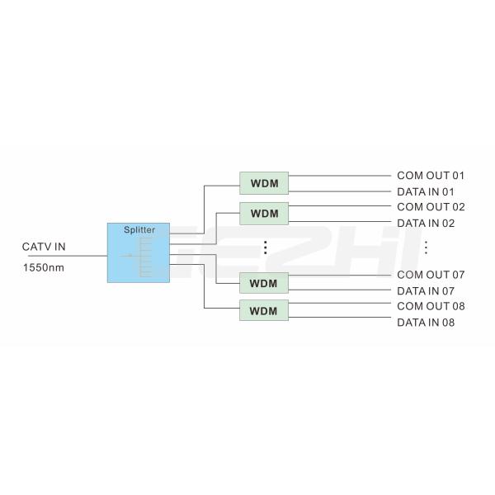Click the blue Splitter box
click(x=139, y=252)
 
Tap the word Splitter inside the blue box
click(x=139, y=230)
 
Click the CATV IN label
click(x=44, y=247)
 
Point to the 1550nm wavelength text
click(x=44, y=267)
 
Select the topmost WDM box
click(x=264, y=183)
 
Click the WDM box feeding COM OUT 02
click(x=264, y=214)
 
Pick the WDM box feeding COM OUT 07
click(x=264, y=283)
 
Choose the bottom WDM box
click(x=264, y=310)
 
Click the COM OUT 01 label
click(x=431, y=176)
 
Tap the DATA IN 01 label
click(x=426, y=191)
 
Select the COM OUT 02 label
click(x=431, y=207)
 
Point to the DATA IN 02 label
click(x=426, y=224)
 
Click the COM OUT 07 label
click(x=431, y=275)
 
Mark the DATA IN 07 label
click(x=426, y=291)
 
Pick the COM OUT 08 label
click(x=431, y=306)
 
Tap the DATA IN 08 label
click(x=426, y=323)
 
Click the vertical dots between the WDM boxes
click(x=266, y=247)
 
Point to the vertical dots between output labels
click(x=426, y=247)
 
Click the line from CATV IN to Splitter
click(x=68, y=256)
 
